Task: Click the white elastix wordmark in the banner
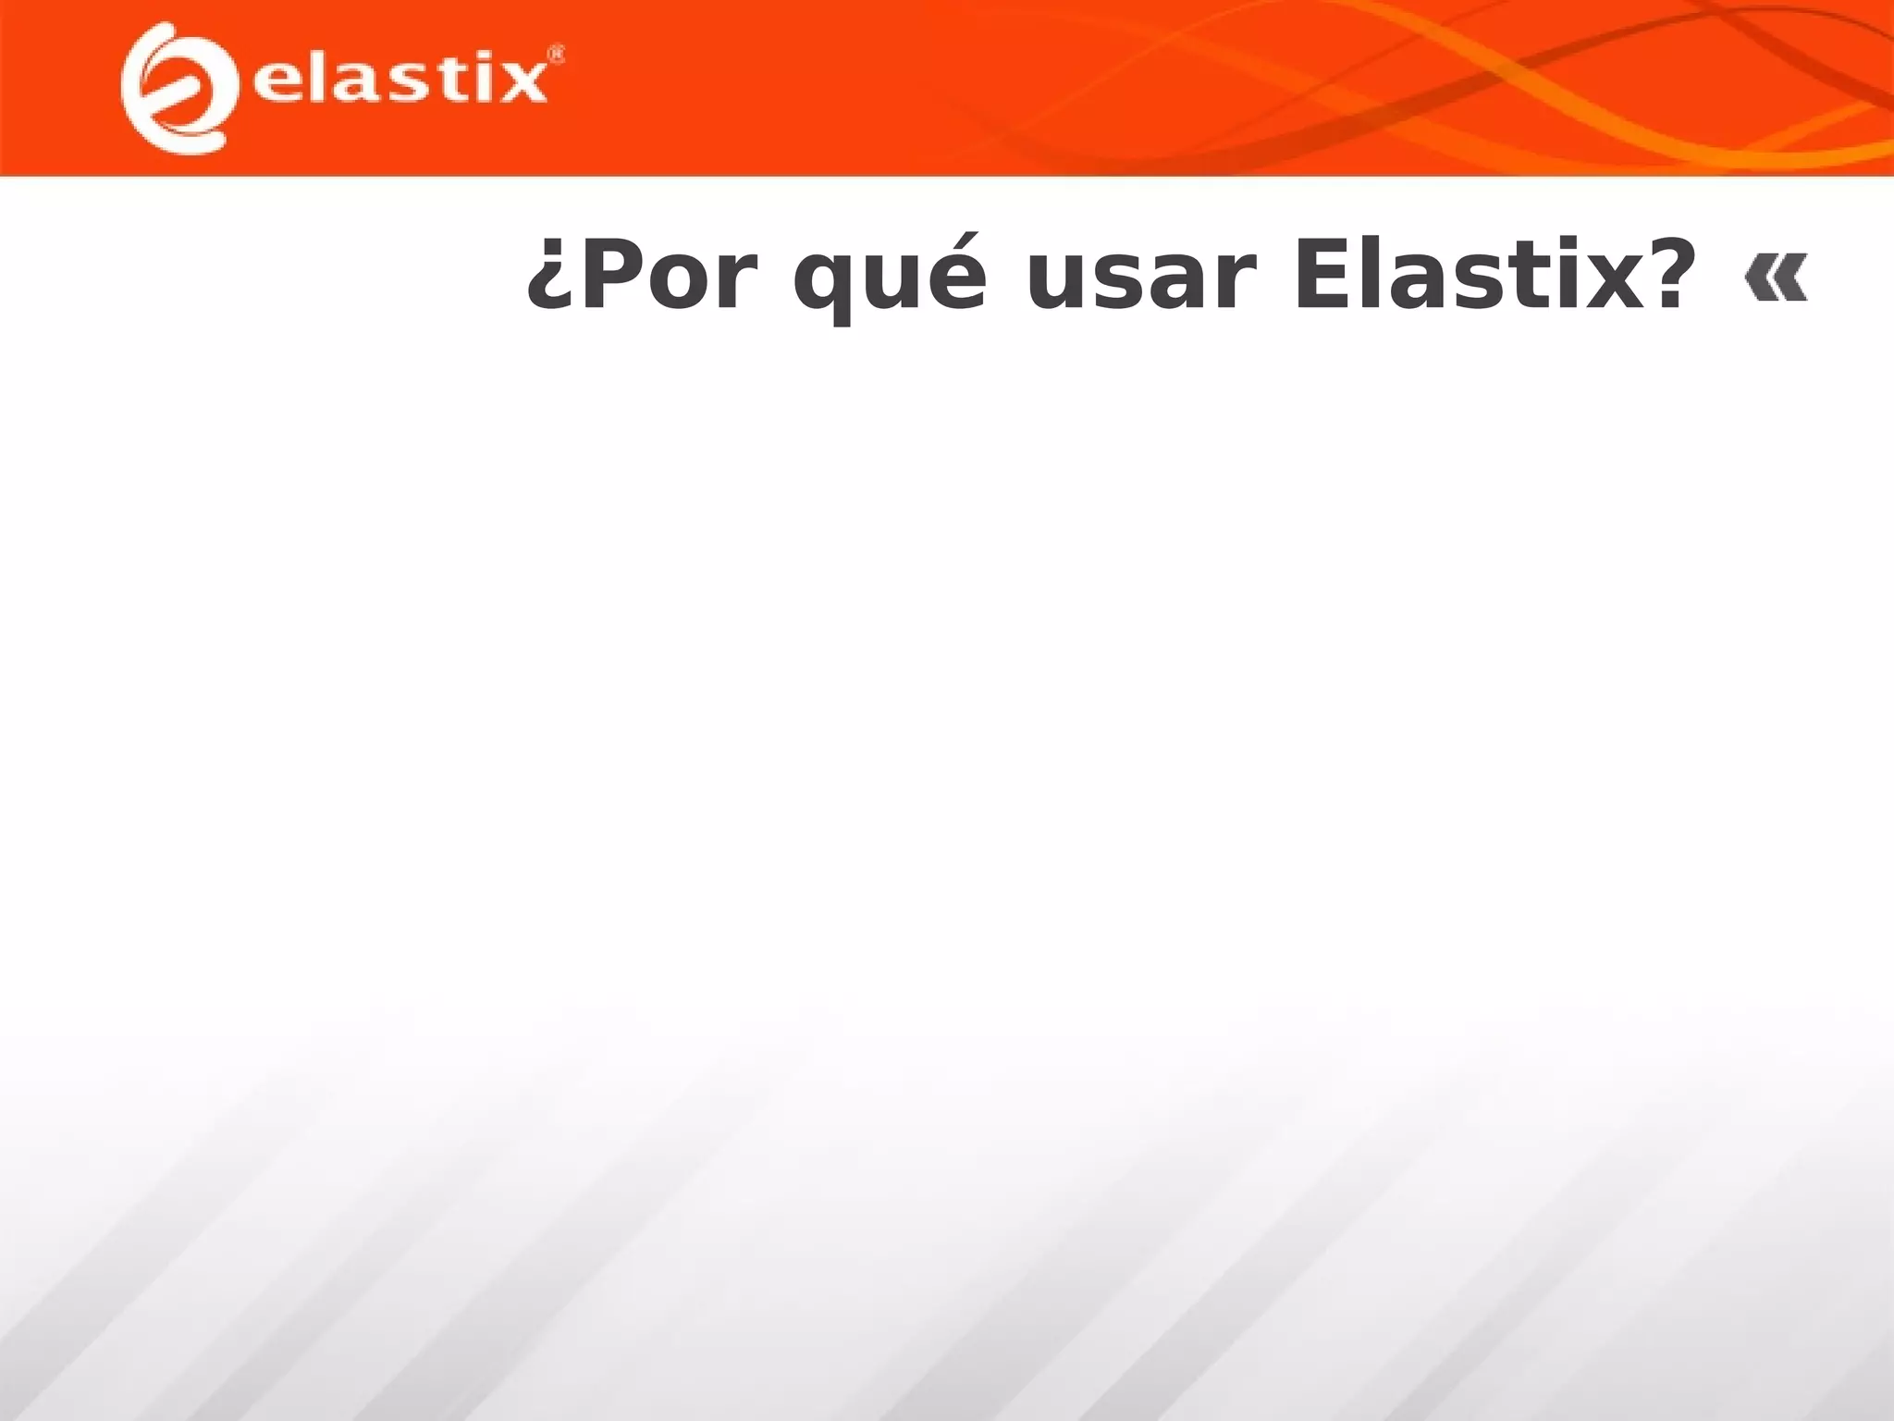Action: pos(400,81)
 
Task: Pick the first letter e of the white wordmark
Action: pos(275,82)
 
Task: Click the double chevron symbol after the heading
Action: pos(1776,280)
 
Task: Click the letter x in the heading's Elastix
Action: pos(1600,283)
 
